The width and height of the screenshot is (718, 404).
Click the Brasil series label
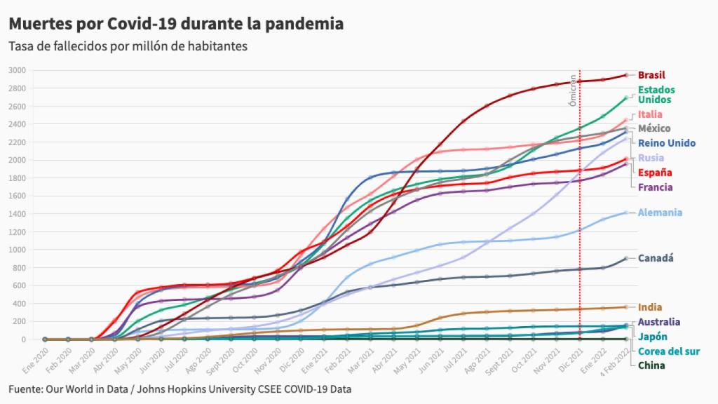click(x=651, y=75)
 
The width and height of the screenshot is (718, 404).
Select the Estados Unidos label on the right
click(x=656, y=95)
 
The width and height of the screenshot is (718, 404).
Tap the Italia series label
click(x=650, y=114)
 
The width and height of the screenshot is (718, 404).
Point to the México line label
click(x=654, y=128)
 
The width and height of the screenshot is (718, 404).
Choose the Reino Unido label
click(x=667, y=143)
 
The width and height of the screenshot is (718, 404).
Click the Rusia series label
click(x=651, y=158)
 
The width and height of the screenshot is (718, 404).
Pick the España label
click(x=655, y=173)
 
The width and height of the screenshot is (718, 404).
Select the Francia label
click(x=655, y=187)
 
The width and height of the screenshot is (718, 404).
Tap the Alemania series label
click(x=660, y=213)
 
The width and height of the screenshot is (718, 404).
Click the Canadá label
click(x=656, y=258)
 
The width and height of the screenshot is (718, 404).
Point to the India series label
click(x=650, y=307)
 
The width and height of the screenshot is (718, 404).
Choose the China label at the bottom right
click(x=651, y=365)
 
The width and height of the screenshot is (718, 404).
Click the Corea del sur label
click(x=670, y=351)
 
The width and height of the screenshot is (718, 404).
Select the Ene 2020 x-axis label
click(x=36, y=358)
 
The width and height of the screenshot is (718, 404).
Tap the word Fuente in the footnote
click(x=26, y=389)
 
